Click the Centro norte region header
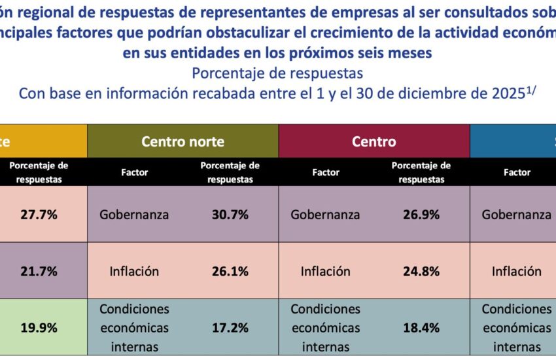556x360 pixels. coord(182,141)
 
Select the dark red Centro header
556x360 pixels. coord(374,141)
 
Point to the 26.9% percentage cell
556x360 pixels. coord(421,214)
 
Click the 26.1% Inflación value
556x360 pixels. coord(230,271)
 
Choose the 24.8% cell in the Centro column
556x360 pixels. coord(421,271)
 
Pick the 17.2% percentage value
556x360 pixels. coord(230,327)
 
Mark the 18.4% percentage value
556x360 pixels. coord(421,327)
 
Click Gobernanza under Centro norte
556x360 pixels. coord(134,214)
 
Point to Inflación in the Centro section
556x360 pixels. coord(326,271)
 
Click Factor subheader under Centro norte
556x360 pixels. coord(135,173)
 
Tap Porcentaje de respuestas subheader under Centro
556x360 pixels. coord(421,173)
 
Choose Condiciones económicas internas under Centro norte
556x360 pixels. coord(134,327)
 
